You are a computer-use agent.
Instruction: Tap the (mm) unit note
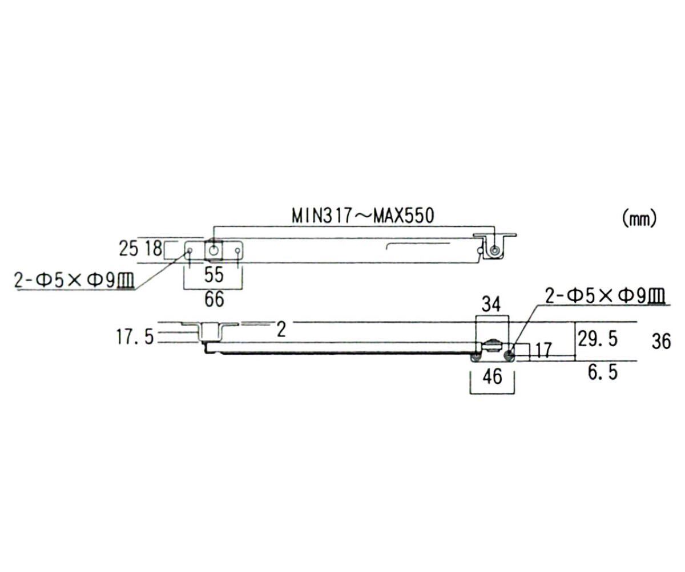click(x=639, y=218)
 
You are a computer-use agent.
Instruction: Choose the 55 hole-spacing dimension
click(x=213, y=275)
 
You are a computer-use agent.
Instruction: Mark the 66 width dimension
click(x=213, y=299)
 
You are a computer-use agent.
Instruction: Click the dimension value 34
click(x=491, y=305)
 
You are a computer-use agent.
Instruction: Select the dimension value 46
click(x=491, y=377)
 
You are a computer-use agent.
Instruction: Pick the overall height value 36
click(x=661, y=341)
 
